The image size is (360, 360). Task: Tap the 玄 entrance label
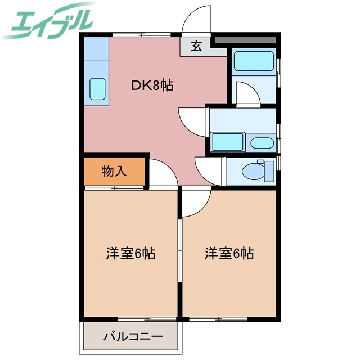[x=195, y=47]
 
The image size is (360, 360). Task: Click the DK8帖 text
[x=152, y=85]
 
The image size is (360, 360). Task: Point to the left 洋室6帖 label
[x=130, y=254]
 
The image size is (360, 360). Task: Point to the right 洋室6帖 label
[x=229, y=254]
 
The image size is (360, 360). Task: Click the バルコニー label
[x=133, y=337]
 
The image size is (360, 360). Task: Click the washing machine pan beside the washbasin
[x=227, y=142]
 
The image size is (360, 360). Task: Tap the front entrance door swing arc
[x=196, y=20]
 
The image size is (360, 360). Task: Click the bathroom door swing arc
[x=246, y=93]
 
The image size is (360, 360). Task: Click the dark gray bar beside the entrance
[x=245, y=40]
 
